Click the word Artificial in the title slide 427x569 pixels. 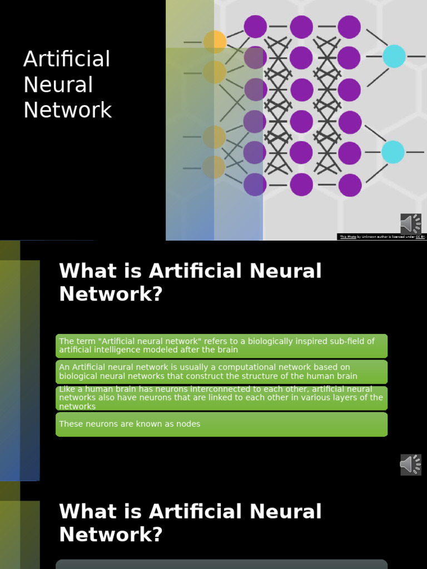pyautogui.click(x=67, y=59)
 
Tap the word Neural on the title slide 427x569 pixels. pyautogui.click(x=58, y=85)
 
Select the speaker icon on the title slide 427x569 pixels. pyautogui.click(x=411, y=224)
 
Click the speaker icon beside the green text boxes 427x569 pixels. pyautogui.click(x=411, y=465)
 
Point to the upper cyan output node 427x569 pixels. pyautogui.click(x=394, y=56)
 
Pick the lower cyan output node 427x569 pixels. pyautogui.click(x=393, y=152)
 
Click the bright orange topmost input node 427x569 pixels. pyautogui.click(x=215, y=42)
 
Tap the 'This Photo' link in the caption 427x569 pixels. pyautogui.click(x=348, y=237)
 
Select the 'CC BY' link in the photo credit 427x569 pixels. pyautogui.click(x=420, y=237)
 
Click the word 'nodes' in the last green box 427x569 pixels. pyautogui.click(x=188, y=424)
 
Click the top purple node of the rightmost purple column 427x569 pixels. pyautogui.click(x=349, y=27)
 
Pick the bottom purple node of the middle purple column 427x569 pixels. pyautogui.click(x=301, y=184)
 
